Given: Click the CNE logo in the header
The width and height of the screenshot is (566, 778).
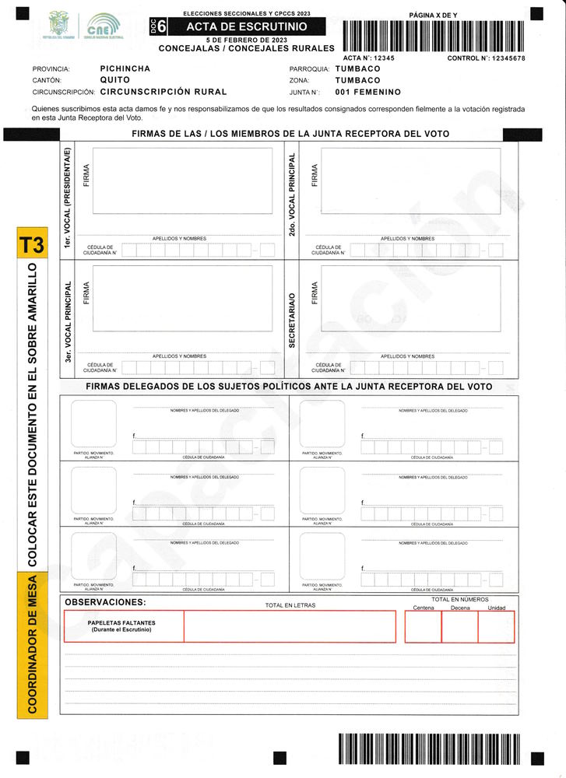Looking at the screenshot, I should (104, 26).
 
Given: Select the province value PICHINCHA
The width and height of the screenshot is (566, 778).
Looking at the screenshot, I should (125, 68).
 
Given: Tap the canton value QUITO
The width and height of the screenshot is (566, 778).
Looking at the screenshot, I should (115, 80).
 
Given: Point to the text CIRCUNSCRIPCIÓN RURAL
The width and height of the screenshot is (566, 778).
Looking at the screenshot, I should (163, 92).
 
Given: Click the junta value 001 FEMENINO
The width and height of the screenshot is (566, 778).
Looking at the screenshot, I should (367, 92).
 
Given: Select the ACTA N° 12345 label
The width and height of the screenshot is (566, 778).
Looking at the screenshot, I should (369, 58).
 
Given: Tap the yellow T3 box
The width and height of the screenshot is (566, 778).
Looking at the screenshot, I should (31, 245).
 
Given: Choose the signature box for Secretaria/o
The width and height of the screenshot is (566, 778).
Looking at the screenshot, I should (410, 298).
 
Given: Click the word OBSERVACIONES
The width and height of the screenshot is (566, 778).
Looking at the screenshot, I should (105, 602).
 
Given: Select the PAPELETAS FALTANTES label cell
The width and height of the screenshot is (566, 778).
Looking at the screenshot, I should (122, 626).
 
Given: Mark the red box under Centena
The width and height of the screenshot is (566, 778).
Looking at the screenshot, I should (423, 627).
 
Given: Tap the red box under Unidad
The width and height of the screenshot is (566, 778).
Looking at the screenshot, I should (496, 627).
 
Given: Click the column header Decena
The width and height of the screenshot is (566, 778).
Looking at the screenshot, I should (460, 608).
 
